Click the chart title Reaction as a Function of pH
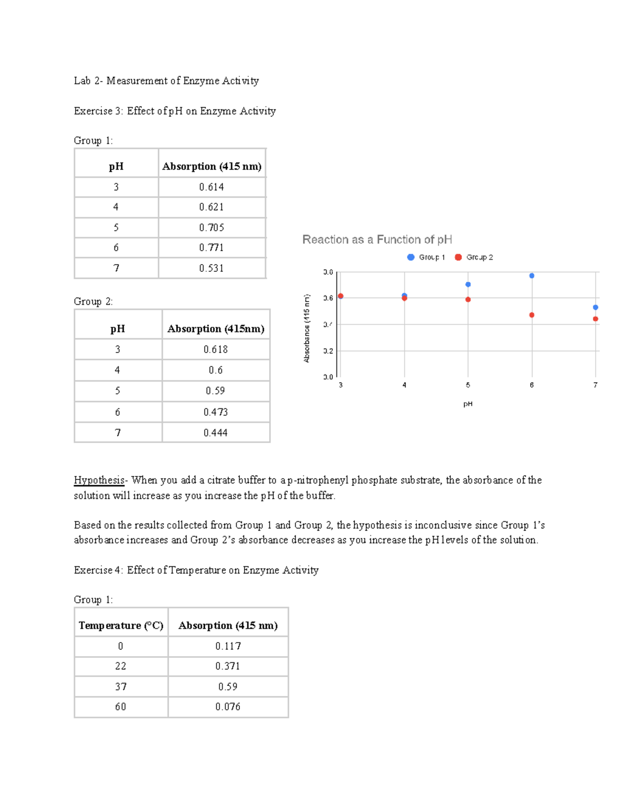tap(377, 239)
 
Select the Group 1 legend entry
tap(426, 257)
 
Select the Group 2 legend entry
tap(474, 257)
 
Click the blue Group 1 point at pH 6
tap(531, 276)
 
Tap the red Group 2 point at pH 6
tap(531, 315)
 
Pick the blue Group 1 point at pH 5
tap(468, 284)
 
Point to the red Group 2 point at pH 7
tap(595, 319)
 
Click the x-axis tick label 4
tap(404, 385)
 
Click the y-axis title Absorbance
tap(307, 328)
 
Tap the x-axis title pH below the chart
tap(468, 404)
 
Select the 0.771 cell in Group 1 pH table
tap(212, 248)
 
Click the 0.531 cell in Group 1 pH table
tap(212, 268)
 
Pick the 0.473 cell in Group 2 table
tap(215, 412)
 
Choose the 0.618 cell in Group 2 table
tap(215, 349)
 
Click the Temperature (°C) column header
tap(121, 625)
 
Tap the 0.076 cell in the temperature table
tap(228, 707)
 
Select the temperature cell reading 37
tap(121, 687)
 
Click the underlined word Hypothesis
tap(99, 480)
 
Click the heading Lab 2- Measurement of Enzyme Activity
tap(166, 81)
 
